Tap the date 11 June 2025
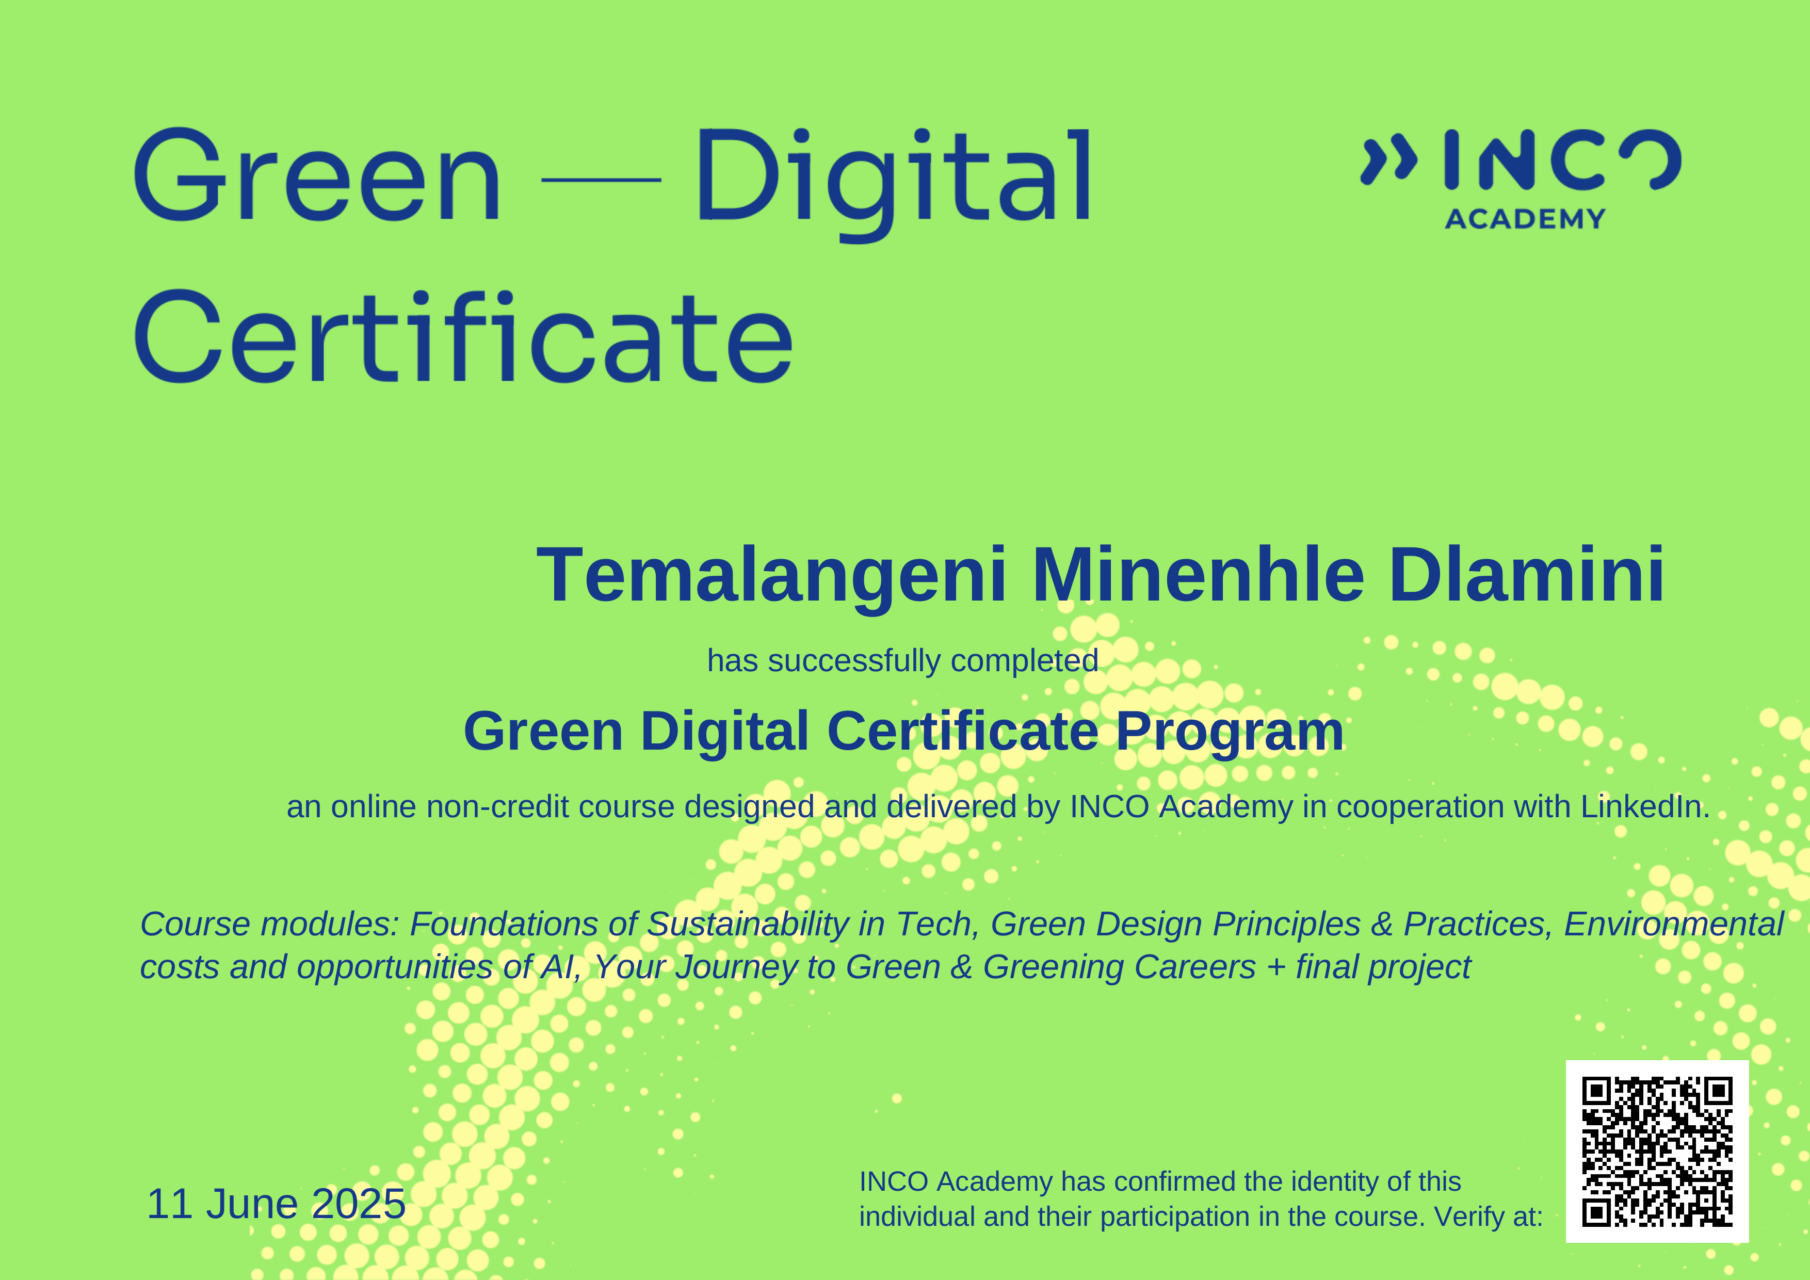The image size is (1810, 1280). [276, 1204]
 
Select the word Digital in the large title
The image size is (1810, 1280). [894, 180]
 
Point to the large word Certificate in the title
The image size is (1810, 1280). [463, 339]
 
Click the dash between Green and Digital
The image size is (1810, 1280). [601, 180]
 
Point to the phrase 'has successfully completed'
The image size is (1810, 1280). [902, 660]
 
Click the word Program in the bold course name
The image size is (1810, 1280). [1230, 732]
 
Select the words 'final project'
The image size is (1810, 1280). [1383, 967]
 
